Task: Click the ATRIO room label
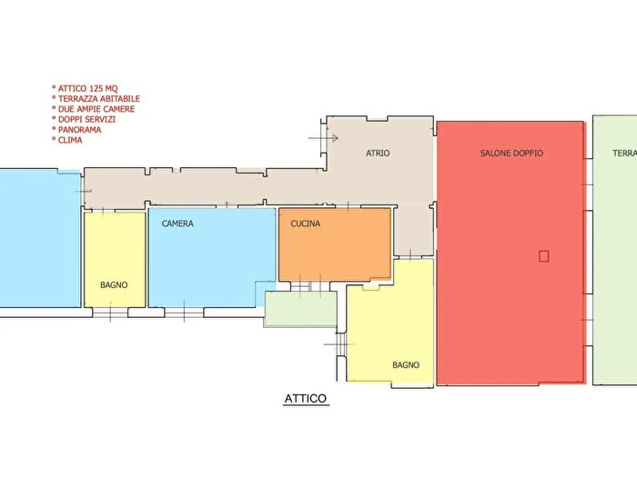pyautogui.click(x=378, y=153)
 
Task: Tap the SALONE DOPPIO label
pyautogui.click(x=511, y=153)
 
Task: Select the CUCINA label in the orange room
pyautogui.click(x=305, y=224)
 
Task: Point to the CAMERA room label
pyautogui.click(x=177, y=224)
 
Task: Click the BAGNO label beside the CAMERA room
pyautogui.click(x=114, y=284)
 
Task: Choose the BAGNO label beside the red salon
pyautogui.click(x=406, y=365)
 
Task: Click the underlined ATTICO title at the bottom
pyautogui.click(x=306, y=399)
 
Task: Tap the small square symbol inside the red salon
pyautogui.click(x=543, y=256)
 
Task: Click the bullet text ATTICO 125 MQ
pyautogui.click(x=87, y=88)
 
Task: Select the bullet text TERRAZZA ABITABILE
pyautogui.click(x=98, y=98)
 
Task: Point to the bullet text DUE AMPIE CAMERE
pyautogui.click(x=96, y=109)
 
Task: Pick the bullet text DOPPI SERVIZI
pyautogui.click(x=86, y=119)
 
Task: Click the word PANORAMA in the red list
pyautogui.click(x=80, y=130)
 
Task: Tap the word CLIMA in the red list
pyautogui.click(x=70, y=140)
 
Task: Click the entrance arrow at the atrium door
pyautogui.click(x=323, y=138)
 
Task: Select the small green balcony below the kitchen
pyautogui.click(x=300, y=308)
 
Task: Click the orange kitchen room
pyautogui.click(x=335, y=244)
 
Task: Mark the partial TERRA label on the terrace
pyautogui.click(x=624, y=153)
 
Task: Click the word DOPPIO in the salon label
pyautogui.click(x=527, y=153)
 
